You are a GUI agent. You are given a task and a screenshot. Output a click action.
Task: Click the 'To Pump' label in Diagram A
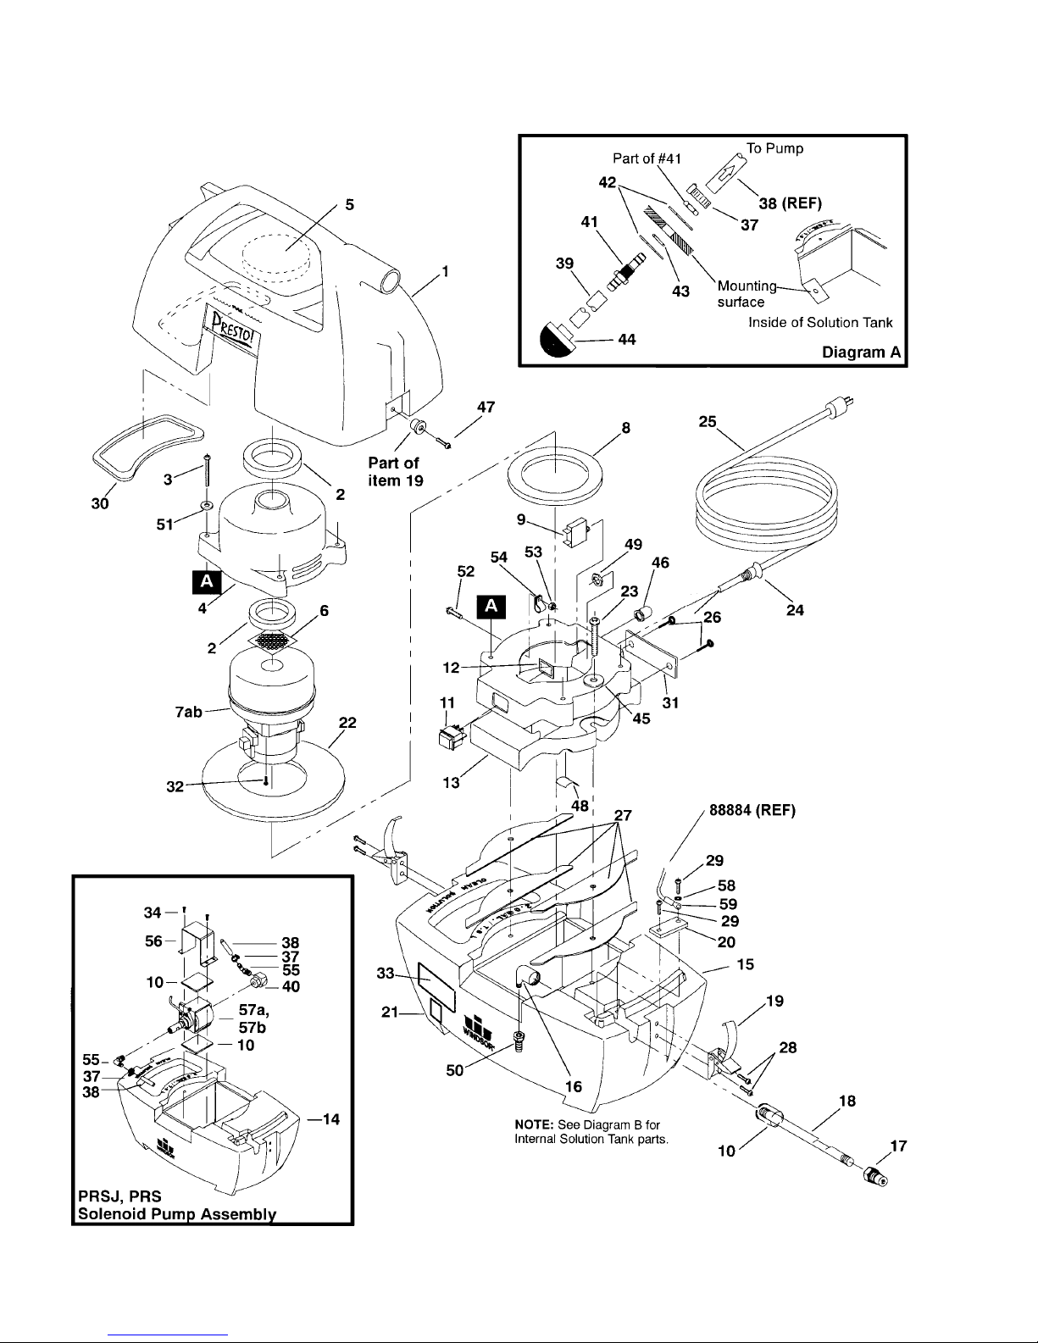pyautogui.click(x=774, y=148)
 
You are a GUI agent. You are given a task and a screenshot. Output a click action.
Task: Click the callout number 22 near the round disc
pyautogui.click(x=347, y=723)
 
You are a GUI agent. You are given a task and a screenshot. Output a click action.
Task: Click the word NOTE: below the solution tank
pyautogui.click(x=533, y=1124)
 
